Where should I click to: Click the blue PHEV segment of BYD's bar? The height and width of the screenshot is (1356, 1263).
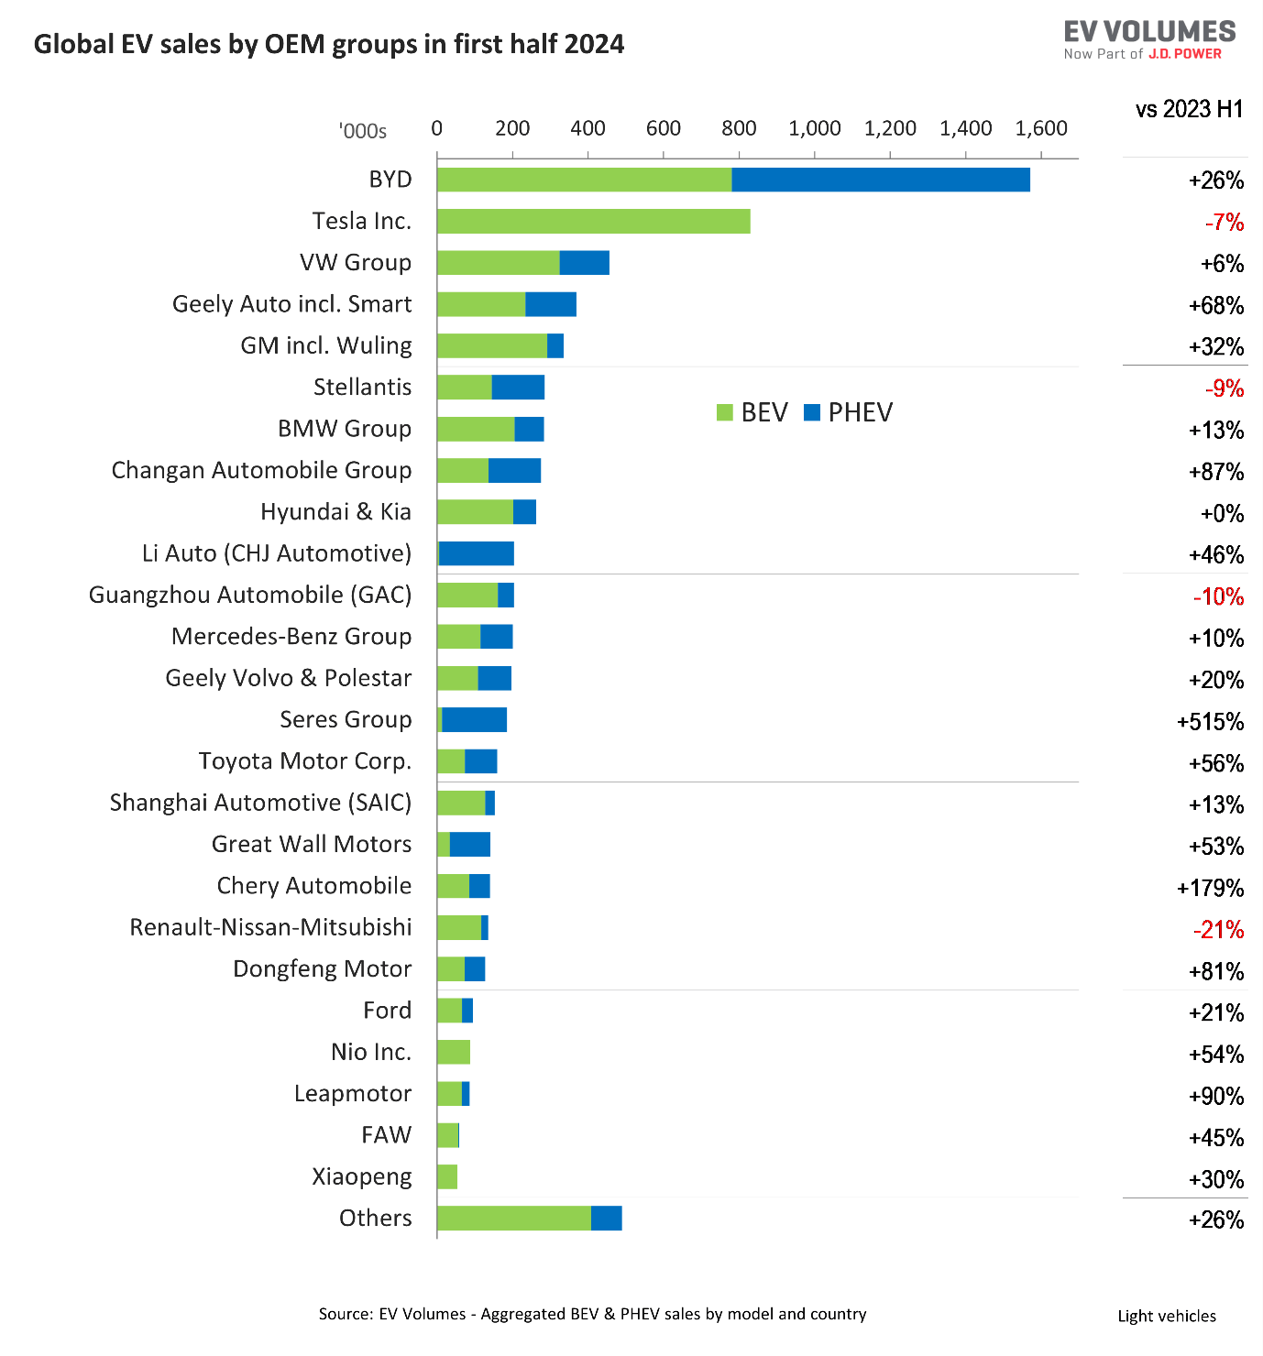(x=880, y=180)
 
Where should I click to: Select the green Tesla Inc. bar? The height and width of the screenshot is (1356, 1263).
(x=593, y=221)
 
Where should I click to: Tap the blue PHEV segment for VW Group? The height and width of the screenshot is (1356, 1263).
(x=584, y=263)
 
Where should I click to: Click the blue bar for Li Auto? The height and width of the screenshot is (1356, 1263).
(x=476, y=553)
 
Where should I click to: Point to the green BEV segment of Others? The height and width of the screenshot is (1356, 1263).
(x=513, y=1218)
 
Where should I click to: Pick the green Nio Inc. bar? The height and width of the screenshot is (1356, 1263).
(x=454, y=1052)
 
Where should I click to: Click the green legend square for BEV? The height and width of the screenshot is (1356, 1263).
(x=724, y=412)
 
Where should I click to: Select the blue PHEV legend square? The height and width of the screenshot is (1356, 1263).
(x=811, y=412)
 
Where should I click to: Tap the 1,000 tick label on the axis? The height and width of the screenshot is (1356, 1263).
(x=814, y=128)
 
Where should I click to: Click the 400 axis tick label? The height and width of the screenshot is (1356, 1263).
(x=588, y=128)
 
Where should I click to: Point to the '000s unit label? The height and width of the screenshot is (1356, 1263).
(x=363, y=130)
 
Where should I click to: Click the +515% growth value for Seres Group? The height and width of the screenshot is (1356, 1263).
(x=1210, y=722)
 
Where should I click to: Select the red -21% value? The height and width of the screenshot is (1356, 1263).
(x=1218, y=929)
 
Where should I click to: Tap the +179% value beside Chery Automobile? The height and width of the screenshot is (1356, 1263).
(x=1210, y=888)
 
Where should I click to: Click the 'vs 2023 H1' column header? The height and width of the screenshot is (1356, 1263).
(x=1189, y=109)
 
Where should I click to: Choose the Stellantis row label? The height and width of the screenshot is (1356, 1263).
(x=362, y=388)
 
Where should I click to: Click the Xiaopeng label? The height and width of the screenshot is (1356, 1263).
(x=361, y=1177)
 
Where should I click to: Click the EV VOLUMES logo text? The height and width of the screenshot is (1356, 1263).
(x=1149, y=31)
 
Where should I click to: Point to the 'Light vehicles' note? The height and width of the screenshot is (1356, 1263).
(x=1167, y=1317)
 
